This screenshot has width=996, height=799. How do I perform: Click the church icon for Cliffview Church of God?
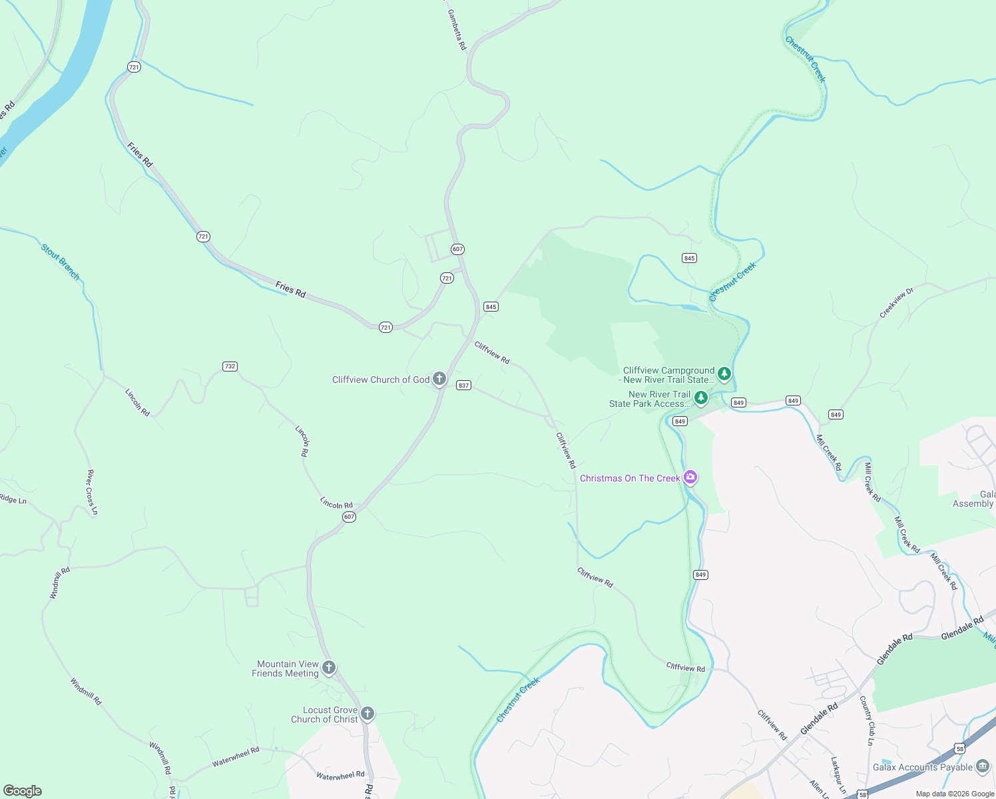coord(439,380)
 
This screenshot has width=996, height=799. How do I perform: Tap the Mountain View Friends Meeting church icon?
coord(328,668)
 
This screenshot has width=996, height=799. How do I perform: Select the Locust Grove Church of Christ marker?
coord(367,714)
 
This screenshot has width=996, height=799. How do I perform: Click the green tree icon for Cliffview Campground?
coord(724,374)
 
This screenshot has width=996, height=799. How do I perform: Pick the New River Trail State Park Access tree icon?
coord(700,398)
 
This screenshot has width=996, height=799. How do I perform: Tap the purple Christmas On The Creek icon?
coord(690,477)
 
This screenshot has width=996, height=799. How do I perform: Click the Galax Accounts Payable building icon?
coord(983,766)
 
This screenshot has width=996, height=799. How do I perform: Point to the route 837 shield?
coord(463,386)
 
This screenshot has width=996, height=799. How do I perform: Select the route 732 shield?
coord(230,366)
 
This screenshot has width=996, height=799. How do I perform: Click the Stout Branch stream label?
coord(61,262)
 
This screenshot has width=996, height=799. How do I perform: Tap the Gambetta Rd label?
coord(457,30)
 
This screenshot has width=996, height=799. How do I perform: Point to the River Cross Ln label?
coord(92,492)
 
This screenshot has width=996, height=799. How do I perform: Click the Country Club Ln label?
coord(867,720)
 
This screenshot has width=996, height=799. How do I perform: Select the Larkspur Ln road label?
coord(838,775)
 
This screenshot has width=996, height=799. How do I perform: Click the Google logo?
coord(23,791)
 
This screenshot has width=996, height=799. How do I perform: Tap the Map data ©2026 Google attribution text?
coord(955,794)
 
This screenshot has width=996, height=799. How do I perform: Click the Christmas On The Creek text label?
coord(630,478)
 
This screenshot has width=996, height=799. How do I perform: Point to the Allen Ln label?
coord(817,789)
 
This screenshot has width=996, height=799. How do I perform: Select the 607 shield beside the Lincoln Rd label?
coord(349,517)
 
